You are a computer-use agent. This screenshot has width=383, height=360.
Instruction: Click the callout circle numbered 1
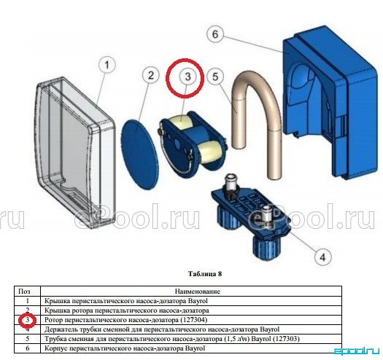(107, 65)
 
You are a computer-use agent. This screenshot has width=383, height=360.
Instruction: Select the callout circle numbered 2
(151, 75)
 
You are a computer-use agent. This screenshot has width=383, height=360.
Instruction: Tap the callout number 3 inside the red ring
(187, 77)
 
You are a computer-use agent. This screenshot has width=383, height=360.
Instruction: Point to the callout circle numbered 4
(322, 257)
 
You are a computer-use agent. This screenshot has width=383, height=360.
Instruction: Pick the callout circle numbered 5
(215, 77)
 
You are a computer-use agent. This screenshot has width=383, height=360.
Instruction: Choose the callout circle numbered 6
(215, 34)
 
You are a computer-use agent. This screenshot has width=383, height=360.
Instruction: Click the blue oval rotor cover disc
(139, 154)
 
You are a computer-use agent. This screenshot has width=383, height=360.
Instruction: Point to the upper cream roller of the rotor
(181, 122)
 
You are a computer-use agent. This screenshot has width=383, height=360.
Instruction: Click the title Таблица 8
(205, 273)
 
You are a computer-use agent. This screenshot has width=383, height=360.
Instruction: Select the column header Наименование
(198, 291)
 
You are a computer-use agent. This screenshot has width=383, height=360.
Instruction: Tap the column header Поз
(24, 291)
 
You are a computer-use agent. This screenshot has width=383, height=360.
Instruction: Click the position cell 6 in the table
(28, 348)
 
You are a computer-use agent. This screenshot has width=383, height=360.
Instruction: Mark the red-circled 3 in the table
(28, 320)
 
